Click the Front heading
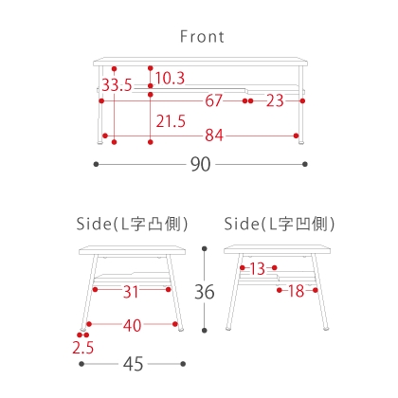tap(202, 37)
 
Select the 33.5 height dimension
tap(117, 85)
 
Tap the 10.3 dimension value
tap(170, 78)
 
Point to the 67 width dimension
tap(214, 100)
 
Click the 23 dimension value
tap(275, 100)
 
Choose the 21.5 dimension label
tap(171, 121)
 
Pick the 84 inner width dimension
tap(214, 136)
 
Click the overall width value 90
tap(200, 164)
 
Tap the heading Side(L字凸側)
tap(132, 224)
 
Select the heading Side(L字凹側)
tap(280, 224)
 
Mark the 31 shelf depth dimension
tap(131, 292)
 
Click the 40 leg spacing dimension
tap(132, 325)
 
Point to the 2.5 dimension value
tap(83, 348)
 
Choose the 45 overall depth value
tap(133, 364)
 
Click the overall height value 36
tap(205, 292)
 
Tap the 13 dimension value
tap(258, 269)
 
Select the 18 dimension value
tap(297, 291)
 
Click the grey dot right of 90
tap(305, 164)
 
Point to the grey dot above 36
tap(205, 248)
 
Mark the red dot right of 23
tap(302, 100)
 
